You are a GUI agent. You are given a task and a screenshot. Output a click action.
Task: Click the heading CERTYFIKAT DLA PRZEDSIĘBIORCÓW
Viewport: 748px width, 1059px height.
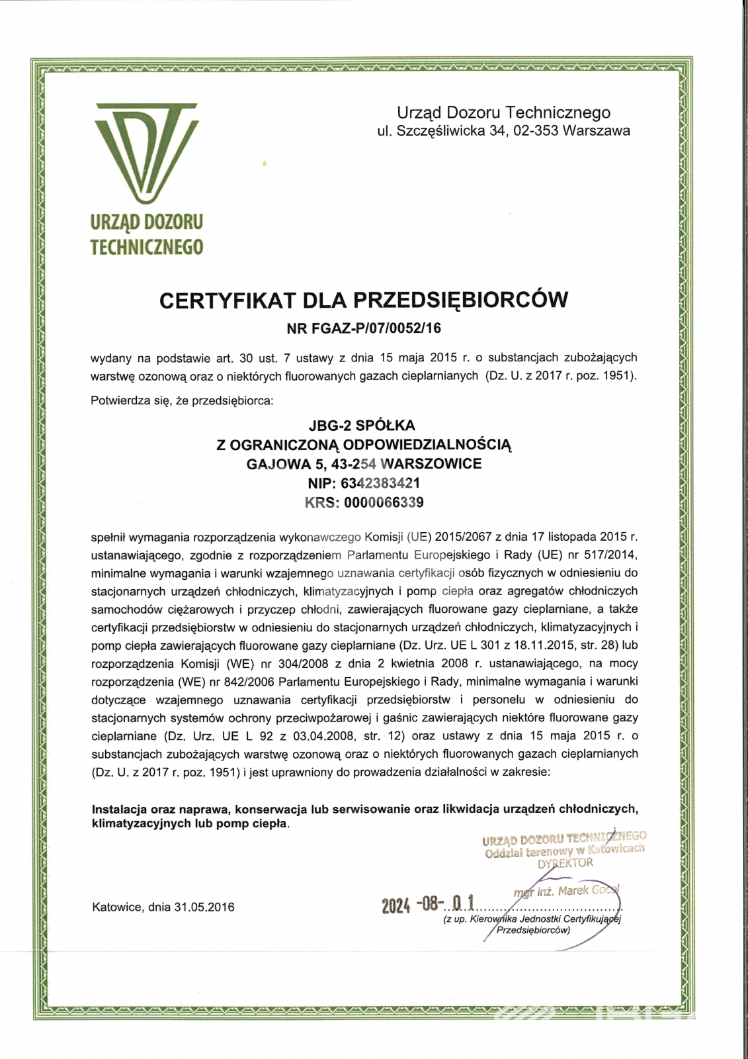click(364, 300)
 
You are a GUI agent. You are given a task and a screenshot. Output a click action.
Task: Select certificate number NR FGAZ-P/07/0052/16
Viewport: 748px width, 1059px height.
click(364, 326)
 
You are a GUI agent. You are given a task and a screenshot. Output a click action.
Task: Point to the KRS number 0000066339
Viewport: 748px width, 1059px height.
click(382, 502)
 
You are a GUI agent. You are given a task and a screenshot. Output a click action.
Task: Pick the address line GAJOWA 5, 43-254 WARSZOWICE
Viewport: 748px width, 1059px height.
click(364, 463)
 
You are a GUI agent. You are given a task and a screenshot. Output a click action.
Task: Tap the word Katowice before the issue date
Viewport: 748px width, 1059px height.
click(116, 907)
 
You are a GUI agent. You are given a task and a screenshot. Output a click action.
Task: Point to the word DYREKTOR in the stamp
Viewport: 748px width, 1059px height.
click(565, 863)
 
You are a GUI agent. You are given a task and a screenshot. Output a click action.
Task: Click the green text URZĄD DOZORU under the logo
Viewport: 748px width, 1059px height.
click(147, 222)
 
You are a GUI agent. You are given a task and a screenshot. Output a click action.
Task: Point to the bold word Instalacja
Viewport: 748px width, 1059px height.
click(118, 809)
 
